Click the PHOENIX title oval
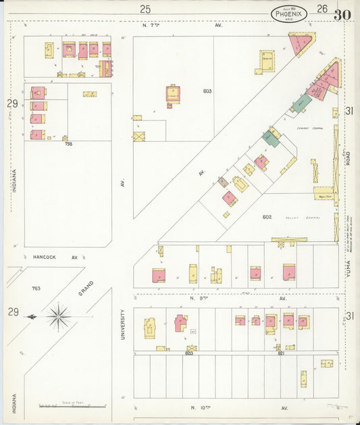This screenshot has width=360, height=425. [289, 14]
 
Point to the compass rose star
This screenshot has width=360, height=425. [59, 316]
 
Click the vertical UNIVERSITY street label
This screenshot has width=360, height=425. [122, 324]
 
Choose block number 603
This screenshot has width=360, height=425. [207, 91]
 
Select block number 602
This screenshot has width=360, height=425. [267, 217]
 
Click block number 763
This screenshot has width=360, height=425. [35, 289]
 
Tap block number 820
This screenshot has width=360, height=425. [189, 353]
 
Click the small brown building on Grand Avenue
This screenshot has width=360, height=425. [222, 182]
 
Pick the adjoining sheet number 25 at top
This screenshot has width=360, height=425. [145, 9]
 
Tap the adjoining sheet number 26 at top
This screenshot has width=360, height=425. [322, 9]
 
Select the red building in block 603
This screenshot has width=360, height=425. [173, 93]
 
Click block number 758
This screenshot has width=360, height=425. [68, 144]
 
